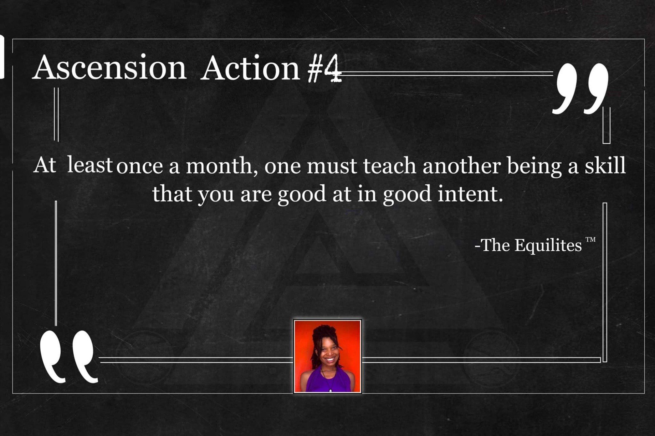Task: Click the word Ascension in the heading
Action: point(109,67)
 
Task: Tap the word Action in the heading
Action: point(250,68)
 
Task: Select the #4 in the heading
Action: point(324,69)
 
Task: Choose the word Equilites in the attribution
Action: point(548,245)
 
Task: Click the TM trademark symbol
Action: point(591,240)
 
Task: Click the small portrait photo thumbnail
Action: point(327,356)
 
